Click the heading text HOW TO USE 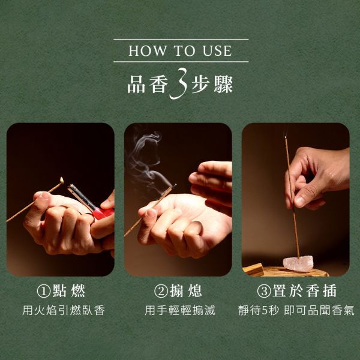click(180, 50)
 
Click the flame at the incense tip click(62, 179)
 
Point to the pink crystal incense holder click(297, 262)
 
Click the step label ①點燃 click(61, 292)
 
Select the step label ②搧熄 click(178, 292)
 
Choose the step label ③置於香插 click(296, 292)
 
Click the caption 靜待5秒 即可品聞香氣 click(296, 311)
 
